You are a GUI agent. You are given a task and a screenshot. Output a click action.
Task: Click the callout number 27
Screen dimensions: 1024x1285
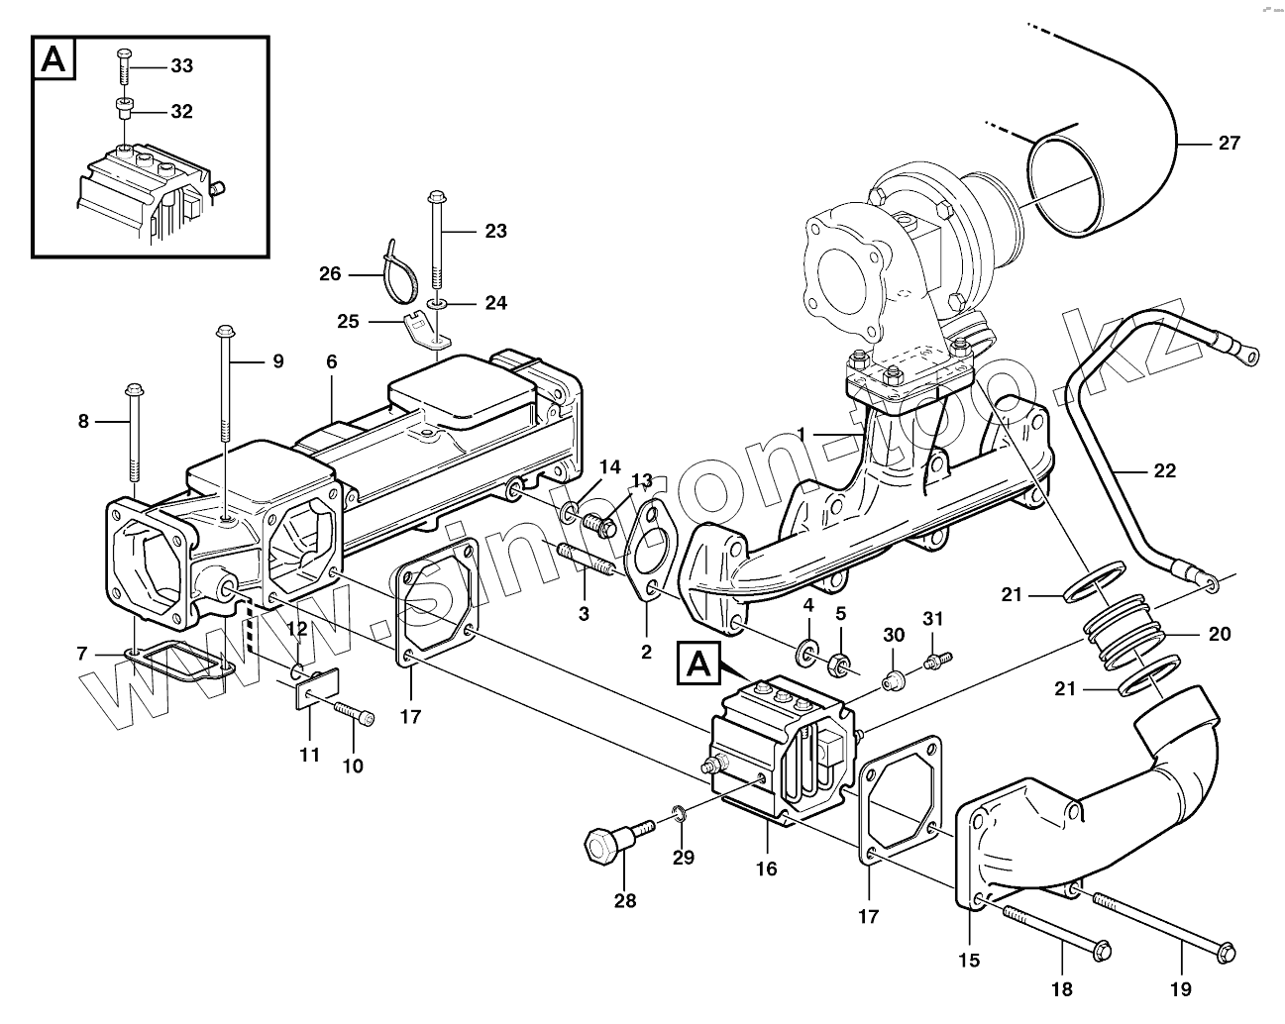[x=1229, y=144]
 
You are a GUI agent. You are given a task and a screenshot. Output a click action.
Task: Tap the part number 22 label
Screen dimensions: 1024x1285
[x=1164, y=470]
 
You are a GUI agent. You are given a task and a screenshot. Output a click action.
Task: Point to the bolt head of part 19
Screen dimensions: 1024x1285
[x=1226, y=950]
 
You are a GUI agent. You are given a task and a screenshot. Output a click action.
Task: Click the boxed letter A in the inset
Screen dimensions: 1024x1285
[x=54, y=58]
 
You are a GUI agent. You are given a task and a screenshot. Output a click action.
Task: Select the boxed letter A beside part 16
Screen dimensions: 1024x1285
[x=697, y=665]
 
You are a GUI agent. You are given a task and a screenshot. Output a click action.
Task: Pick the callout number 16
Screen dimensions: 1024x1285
[x=766, y=869]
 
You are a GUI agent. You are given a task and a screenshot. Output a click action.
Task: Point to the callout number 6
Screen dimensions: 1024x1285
[x=332, y=362]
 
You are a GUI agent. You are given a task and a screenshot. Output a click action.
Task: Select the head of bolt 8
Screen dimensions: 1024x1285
[x=134, y=388]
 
